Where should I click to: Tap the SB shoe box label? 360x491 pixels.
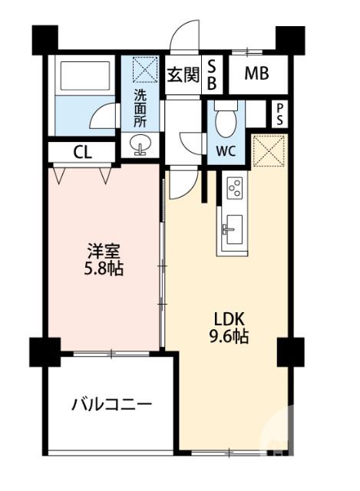click(213, 75)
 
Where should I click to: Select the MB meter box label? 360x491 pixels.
click(256, 75)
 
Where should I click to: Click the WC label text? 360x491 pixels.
click(225, 150)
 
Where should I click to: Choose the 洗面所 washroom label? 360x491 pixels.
click(141, 107)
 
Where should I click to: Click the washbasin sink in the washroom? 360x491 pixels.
click(140, 144)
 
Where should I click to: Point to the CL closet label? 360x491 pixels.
click(82, 152)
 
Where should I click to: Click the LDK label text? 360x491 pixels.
click(228, 317)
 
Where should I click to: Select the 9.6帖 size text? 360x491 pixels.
click(228, 336)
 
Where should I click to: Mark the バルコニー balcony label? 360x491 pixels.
click(112, 404)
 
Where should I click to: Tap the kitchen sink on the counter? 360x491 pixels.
click(233, 228)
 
